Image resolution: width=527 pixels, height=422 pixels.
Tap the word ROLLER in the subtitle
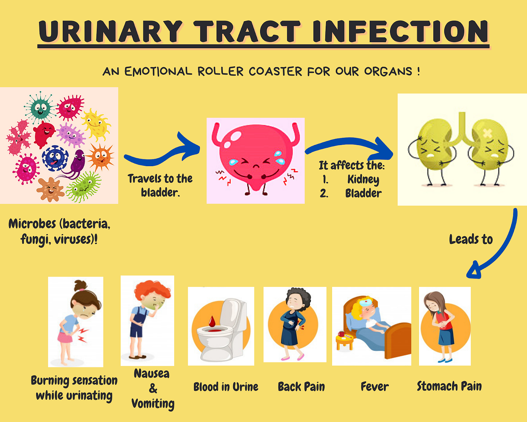[221, 71]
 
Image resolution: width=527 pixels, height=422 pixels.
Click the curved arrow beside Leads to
[497, 249]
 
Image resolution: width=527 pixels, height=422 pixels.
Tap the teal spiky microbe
[40, 107]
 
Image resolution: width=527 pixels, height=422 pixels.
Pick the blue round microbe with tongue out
[55, 158]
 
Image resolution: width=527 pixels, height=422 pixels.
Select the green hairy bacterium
[84, 187]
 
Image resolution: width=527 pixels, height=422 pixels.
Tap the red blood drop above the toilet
[212, 321]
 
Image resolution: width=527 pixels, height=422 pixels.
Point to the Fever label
[375, 387]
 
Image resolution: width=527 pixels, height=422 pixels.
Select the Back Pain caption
[301, 387]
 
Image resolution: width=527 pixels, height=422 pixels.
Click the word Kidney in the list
[363, 179]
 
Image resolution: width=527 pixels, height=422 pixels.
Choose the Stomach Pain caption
[449, 386]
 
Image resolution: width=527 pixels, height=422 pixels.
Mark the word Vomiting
[153, 404]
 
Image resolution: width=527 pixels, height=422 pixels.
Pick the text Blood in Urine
[226, 387]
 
